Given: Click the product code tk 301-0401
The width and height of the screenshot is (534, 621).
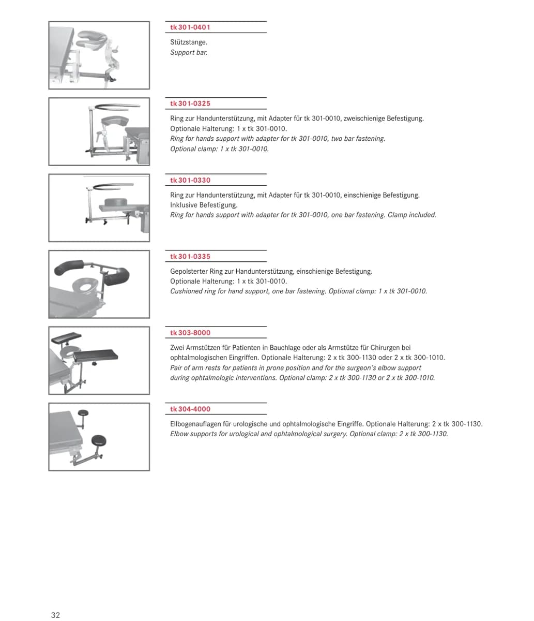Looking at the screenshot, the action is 190,27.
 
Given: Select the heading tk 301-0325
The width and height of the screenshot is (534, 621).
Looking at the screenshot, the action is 190,103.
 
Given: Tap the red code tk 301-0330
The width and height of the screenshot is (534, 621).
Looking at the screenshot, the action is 190,180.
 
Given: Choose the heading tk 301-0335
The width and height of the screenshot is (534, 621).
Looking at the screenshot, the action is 190,257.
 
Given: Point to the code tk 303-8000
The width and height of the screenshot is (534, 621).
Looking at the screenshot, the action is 190,333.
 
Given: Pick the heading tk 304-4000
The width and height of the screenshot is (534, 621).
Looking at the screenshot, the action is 190,409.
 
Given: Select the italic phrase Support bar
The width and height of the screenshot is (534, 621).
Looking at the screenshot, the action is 189,52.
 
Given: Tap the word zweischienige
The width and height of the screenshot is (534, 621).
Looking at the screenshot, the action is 364,119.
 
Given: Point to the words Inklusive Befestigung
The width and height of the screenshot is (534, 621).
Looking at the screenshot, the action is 204,205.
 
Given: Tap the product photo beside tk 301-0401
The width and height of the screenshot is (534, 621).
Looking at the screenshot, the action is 99,55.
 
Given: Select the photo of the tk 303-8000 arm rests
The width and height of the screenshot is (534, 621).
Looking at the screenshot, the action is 99,361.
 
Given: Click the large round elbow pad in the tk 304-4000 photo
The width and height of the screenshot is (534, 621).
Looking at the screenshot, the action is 98,440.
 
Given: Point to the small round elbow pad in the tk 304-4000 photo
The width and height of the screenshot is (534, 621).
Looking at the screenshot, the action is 83,413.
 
